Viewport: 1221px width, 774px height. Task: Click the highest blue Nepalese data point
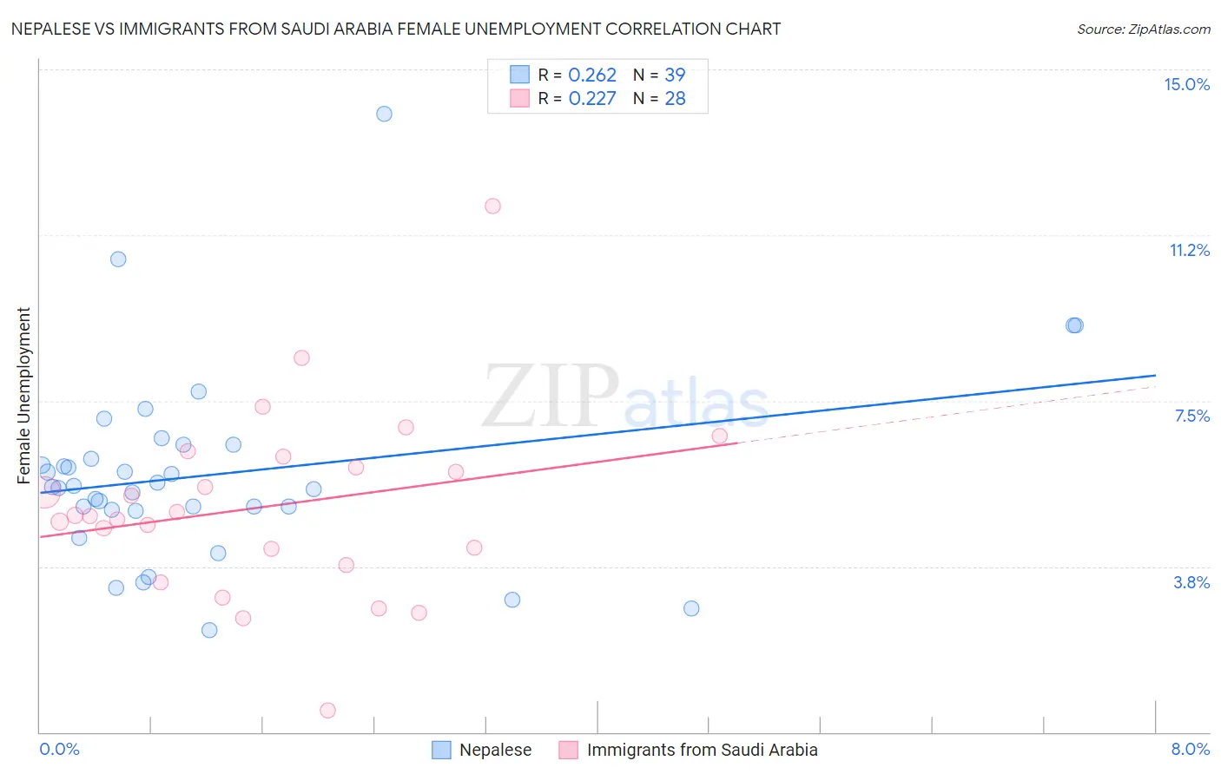coord(384,114)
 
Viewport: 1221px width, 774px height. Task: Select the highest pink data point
coord(492,206)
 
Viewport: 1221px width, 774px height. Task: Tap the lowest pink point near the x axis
coord(327,710)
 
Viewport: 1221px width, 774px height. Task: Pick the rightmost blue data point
coord(1075,325)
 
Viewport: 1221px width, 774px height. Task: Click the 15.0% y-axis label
coord(1186,84)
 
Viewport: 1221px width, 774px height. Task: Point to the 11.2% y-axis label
coord(1189,250)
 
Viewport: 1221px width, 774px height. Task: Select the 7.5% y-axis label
coord(1191,416)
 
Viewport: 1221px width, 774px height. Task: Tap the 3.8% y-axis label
coord(1191,582)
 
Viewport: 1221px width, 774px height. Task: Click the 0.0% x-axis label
coord(59,749)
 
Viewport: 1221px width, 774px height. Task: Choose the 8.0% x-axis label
coord(1190,749)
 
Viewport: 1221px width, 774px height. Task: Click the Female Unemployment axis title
coord(23,395)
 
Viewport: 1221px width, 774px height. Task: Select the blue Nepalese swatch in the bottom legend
coord(441,750)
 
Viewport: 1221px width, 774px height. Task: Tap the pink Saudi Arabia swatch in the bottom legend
coord(568,750)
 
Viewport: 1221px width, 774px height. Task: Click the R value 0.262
coord(592,75)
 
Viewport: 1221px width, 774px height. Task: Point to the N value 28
coord(675,98)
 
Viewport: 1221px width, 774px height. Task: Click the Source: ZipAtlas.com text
coord(1143,29)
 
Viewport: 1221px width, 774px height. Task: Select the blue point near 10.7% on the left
coord(118,259)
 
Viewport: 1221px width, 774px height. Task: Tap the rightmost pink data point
coord(719,436)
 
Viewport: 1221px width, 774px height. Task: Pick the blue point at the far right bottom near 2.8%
coord(691,608)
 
